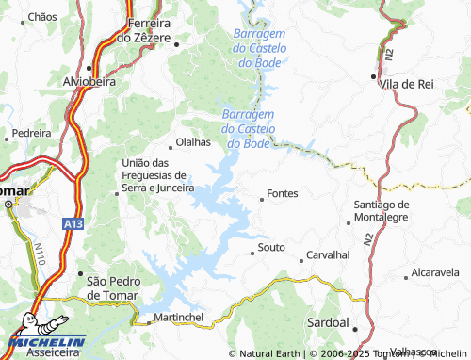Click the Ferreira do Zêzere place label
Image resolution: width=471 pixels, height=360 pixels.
tap(143, 29)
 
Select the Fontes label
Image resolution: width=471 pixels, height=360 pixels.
tap(283, 193)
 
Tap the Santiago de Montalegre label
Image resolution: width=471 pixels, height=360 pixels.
tap(382, 211)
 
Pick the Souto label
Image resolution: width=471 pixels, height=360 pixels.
tap(271, 248)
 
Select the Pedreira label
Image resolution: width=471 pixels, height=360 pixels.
tap(32, 134)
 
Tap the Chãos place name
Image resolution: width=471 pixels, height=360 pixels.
tap(42, 17)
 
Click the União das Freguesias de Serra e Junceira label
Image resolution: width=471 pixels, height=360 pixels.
tap(152, 175)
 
